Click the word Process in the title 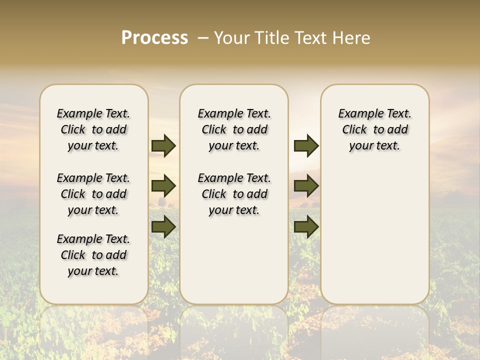pos(154,38)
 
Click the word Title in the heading pos(273,38)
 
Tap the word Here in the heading pos(351,38)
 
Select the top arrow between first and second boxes pos(163,145)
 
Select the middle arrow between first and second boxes pos(163,186)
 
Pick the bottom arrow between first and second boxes pos(163,227)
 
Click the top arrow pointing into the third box pos(306,145)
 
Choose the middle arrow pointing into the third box pos(306,186)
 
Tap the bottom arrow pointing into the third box pos(306,227)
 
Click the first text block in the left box pos(93,129)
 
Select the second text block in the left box pos(93,194)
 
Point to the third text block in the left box pos(93,255)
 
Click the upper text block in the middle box pos(234,129)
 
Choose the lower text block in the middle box pos(234,194)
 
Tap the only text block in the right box pos(374,129)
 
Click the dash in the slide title pos(203,38)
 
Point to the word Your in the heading pos(232,38)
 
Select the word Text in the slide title pos(311,38)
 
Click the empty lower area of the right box pos(374,240)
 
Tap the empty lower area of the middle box pos(234,260)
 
